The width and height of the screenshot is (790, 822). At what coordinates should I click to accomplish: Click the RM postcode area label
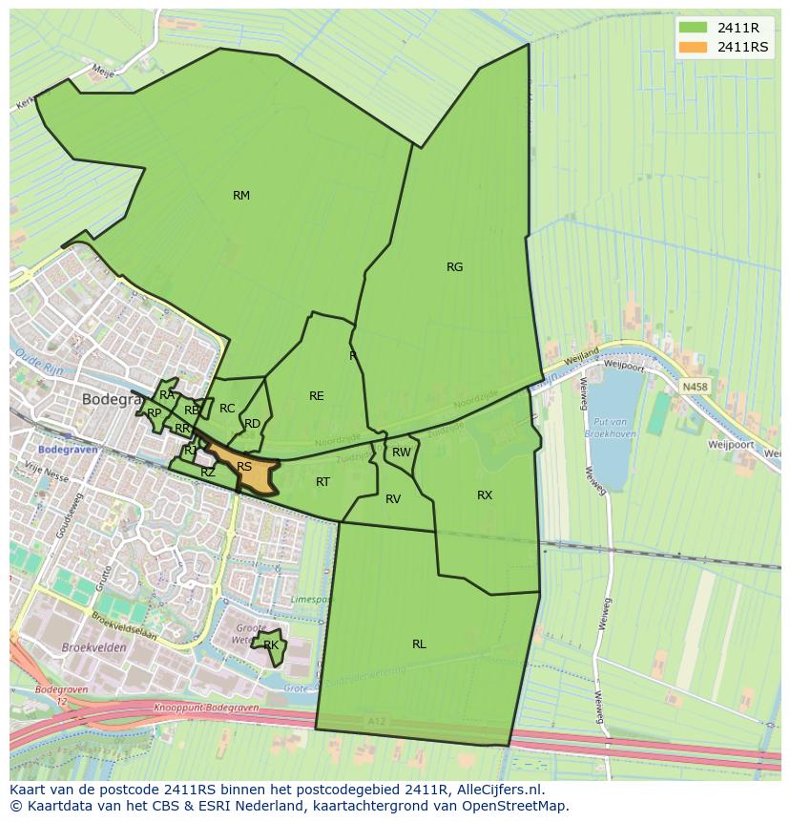[241, 196]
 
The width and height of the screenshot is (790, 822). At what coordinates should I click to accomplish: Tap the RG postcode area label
[455, 267]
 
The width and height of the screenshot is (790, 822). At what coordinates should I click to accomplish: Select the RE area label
[317, 396]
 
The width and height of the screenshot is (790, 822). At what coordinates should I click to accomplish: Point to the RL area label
[419, 644]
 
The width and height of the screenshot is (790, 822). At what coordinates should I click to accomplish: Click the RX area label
[485, 495]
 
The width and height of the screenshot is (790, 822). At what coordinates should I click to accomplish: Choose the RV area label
[393, 499]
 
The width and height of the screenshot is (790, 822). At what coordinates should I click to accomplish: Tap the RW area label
[402, 453]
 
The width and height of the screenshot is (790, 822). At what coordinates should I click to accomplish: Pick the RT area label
[322, 482]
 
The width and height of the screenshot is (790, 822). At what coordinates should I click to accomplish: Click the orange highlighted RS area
[246, 468]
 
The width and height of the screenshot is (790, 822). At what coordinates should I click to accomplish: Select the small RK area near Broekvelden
[271, 646]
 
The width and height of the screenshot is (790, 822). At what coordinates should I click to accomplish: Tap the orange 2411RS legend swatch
[694, 47]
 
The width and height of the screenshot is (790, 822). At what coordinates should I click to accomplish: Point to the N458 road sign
[696, 387]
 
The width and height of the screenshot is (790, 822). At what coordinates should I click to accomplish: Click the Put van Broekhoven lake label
[611, 428]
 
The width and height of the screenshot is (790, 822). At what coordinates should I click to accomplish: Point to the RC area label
[227, 409]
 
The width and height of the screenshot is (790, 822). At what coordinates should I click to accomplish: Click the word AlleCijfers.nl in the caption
[497, 790]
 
